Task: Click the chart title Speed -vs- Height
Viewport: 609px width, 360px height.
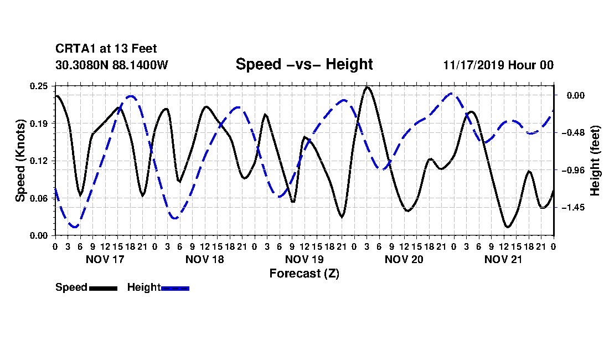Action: click(304, 64)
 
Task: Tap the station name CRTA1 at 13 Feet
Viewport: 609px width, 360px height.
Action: click(106, 49)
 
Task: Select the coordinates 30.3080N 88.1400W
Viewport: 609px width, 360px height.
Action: click(111, 65)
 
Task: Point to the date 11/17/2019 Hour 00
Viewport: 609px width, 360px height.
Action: click(498, 65)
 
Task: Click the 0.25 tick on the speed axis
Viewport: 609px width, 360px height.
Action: click(39, 86)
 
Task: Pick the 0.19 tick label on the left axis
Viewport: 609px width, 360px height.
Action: click(39, 124)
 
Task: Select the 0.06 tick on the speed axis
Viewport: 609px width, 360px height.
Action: click(39, 198)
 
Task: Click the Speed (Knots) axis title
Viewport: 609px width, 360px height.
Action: click(20, 161)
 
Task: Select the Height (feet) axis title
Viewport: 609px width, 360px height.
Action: click(595, 161)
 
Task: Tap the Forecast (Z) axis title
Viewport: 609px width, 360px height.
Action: click(304, 274)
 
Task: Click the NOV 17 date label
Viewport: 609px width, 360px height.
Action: click(105, 259)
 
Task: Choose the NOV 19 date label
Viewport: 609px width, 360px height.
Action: click(304, 259)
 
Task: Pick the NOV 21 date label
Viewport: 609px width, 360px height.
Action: click(503, 259)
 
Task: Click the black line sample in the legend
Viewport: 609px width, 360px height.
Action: click(104, 288)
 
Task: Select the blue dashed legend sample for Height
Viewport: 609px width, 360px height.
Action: click(175, 288)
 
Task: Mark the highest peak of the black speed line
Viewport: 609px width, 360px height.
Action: click(367, 87)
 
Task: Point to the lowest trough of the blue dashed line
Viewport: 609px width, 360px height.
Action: click(74, 227)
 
